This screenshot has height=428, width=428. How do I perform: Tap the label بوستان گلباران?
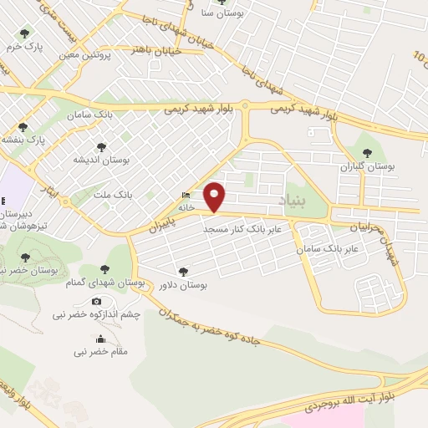[x=368, y=166]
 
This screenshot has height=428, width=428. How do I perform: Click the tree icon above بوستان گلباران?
[x=367, y=152]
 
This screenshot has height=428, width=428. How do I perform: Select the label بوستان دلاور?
[x=183, y=286]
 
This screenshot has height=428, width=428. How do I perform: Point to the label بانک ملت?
[x=115, y=194]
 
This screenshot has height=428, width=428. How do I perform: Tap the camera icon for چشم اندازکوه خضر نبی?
[x=97, y=301]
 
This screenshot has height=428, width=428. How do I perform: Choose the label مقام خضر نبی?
[x=101, y=352]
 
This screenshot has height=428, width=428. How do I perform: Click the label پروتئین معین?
[x=86, y=55]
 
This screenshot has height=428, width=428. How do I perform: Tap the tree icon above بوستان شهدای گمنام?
[x=104, y=269]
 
